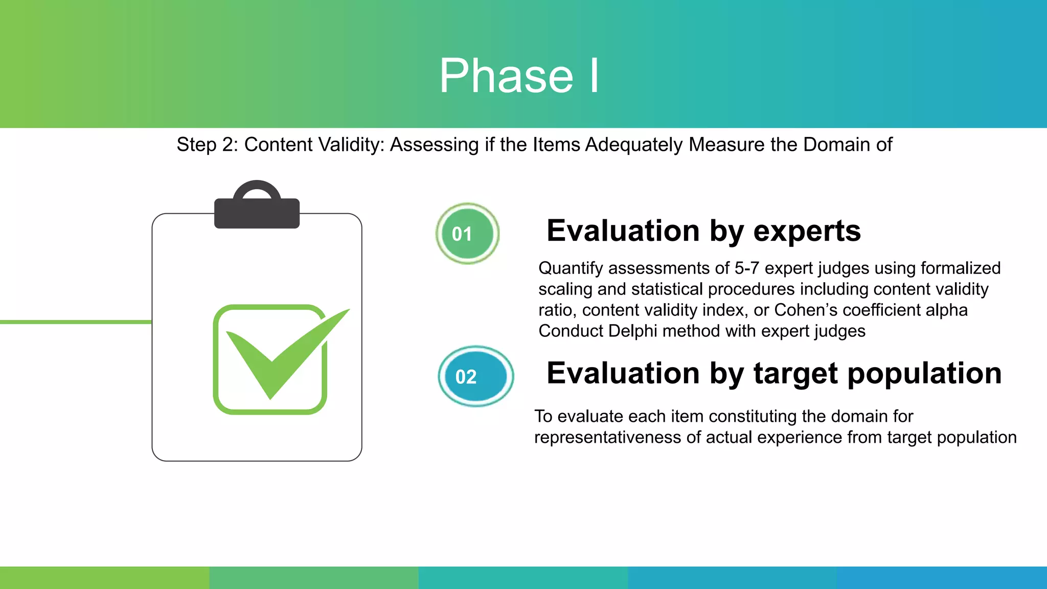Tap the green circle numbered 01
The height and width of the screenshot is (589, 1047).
(467, 234)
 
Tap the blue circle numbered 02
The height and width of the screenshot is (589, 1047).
(475, 376)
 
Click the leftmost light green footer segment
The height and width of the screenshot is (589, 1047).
(104, 578)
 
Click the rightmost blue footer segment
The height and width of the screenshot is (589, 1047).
(942, 578)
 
